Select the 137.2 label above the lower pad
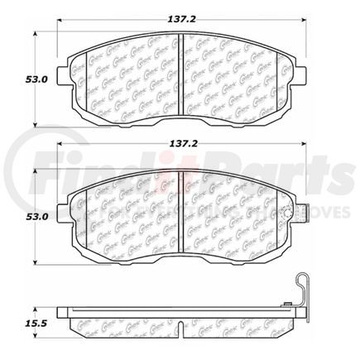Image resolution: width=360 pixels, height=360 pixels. [x=180, y=150]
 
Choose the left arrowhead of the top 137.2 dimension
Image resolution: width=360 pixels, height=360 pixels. [x=60, y=25]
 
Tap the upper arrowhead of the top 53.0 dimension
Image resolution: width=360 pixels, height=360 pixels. [x=35, y=36]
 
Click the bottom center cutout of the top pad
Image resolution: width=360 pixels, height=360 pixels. [x=181, y=117]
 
